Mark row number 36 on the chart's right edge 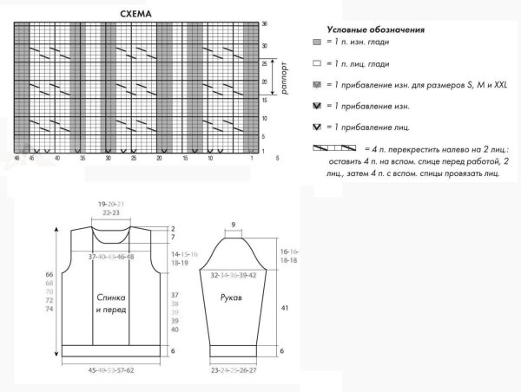click(x=264, y=24)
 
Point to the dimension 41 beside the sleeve click(x=284, y=307)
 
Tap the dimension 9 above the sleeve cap click(x=232, y=225)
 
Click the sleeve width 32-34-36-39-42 click(x=232, y=274)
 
